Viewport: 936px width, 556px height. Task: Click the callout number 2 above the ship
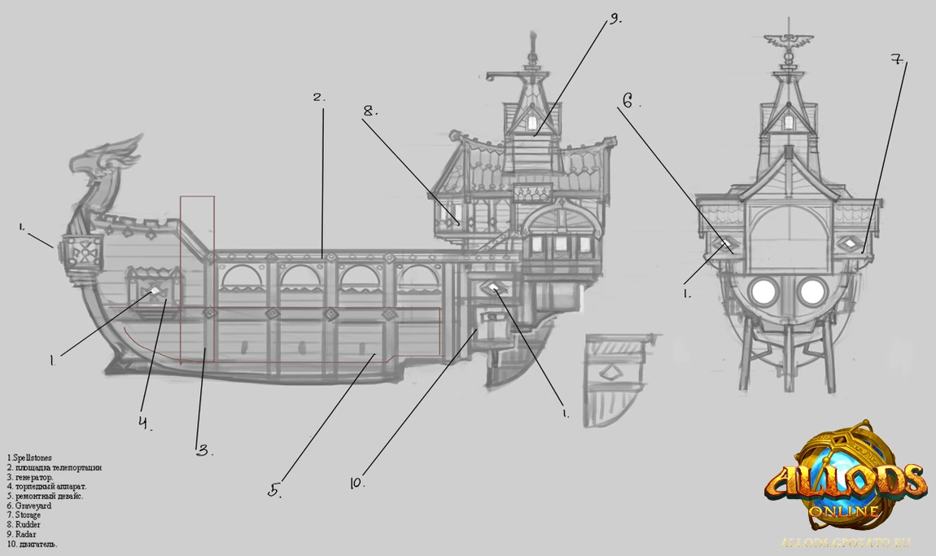pos(318,98)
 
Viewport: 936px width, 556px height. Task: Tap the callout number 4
pos(144,422)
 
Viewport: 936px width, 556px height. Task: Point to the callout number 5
pos(275,490)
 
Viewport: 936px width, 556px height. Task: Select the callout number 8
pos(371,111)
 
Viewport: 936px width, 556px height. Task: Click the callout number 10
pos(356,483)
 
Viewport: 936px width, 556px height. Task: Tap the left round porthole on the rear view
pos(764,290)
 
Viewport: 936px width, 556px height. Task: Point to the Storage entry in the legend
pos(28,515)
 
